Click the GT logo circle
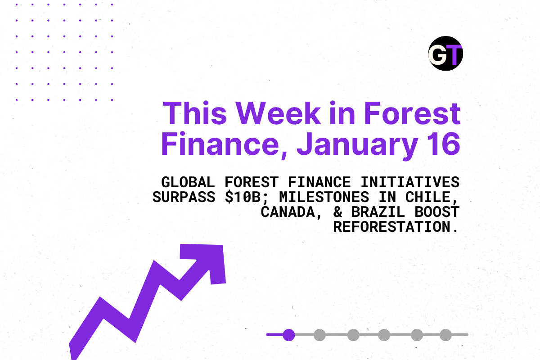click(445, 53)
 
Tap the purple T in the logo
click(454, 55)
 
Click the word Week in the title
click(278, 113)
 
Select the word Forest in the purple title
click(412, 113)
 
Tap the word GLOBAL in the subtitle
click(188, 182)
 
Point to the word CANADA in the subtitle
click(288, 212)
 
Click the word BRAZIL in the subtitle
click(378, 212)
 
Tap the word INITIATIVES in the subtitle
click(410, 182)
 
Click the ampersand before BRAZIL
click(338, 212)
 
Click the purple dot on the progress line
click(289, 335)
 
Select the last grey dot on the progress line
click(445, 335)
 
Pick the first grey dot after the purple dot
click(319, 335)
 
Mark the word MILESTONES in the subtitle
click(324, 197)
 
